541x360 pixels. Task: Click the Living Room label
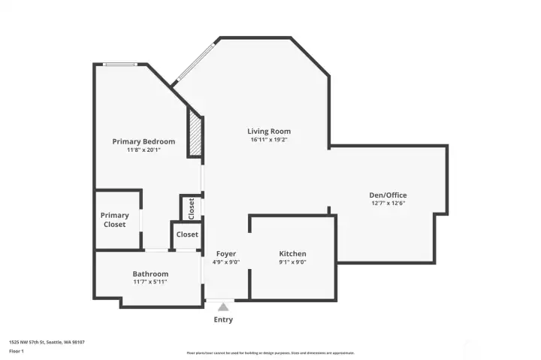click(269, 132)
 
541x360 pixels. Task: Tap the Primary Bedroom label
click(144, 141)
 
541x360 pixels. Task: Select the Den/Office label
click(388, 195)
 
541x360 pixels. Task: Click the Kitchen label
click(292, 253)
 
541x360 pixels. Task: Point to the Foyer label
click(226, 253)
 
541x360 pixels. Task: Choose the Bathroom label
click(150, 274)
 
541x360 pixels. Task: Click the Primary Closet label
click(115, 219)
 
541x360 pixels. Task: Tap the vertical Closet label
click(191, 207)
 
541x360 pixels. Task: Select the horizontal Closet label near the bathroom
click(187, 234)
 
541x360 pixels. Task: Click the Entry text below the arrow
click(223, 319)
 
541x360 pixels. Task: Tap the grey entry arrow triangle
click(223, 306)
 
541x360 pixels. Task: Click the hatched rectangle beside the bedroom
click(195, 135)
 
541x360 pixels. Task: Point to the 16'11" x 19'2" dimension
click(269, 140)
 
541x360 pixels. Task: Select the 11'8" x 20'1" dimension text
click(144, 150)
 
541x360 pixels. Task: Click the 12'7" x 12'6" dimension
click(388, 203)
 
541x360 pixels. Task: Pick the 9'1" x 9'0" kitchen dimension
click(292, 262)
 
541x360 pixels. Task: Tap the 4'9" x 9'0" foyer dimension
click(226, 262)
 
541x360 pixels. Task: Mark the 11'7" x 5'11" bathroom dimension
click(150, 282)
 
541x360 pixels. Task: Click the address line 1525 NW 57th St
click(47, 342)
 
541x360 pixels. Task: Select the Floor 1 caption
click(17, 351)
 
